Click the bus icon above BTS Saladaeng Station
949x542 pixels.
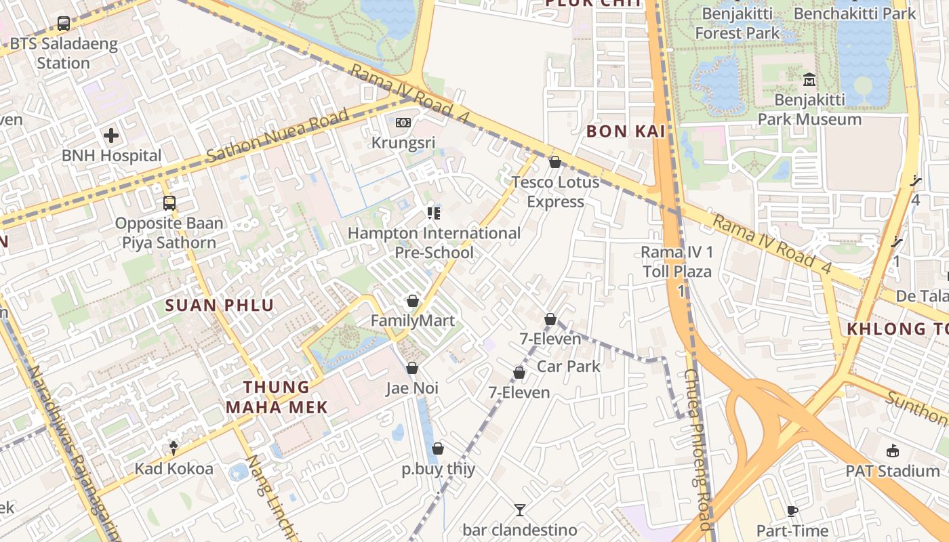coord(64,24)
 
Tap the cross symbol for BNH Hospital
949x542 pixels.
coord(111,135)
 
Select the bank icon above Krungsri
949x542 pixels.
coord(403,123)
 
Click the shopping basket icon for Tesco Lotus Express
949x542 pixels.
coord(554,162)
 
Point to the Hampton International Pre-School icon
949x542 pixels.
coord(434,213)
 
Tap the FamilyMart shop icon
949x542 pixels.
coord(412,301)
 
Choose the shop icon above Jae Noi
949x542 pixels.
coord(411,369)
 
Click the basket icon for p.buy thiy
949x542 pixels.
coord(438,449)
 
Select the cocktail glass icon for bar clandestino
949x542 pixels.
coord(519,510)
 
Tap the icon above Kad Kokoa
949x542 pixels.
coord(174,448)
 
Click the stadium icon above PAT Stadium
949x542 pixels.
coord(892,451)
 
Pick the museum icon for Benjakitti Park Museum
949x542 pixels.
coord(809,81)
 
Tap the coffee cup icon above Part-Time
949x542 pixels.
coord(792,512)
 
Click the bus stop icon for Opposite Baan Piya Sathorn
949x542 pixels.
coord(169,203)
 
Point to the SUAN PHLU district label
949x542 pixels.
coord(220,306)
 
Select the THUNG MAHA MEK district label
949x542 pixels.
coord(277,397)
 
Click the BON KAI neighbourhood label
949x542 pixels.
coord(626,131)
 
